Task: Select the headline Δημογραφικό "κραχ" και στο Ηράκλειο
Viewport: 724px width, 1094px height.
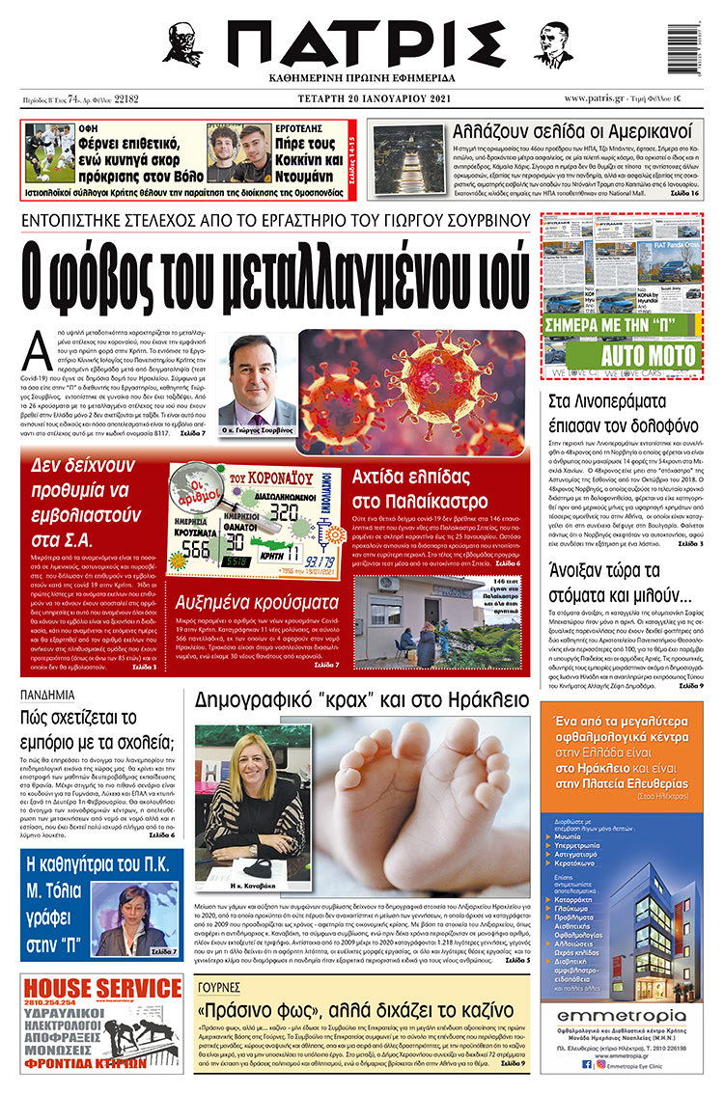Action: point(361,699)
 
